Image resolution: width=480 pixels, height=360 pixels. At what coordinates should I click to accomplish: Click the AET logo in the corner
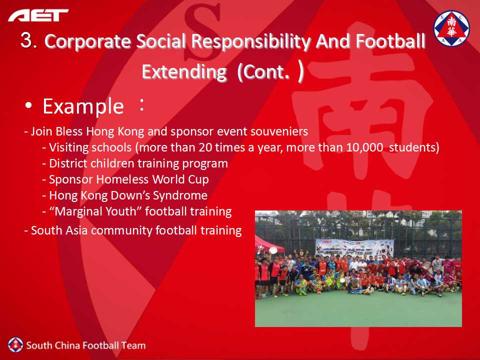coord(38,15)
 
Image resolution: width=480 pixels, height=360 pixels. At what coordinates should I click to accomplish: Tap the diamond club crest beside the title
coord(451,28)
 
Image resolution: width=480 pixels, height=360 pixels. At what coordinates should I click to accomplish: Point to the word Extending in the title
coord(184,71)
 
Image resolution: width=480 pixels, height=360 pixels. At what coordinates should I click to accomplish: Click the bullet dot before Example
coord(29,105)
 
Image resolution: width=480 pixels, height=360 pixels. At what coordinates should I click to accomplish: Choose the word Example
coord(83,106)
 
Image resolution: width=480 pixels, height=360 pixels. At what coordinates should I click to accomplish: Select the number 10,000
coord(364,147)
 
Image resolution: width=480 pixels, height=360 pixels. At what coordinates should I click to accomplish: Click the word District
coord(68,163)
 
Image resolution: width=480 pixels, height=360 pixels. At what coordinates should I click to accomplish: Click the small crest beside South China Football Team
coord(15,345)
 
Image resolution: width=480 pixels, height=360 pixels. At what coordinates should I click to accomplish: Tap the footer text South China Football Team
coord(85,345)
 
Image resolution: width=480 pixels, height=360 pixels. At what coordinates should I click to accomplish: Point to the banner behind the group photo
coord(354,248)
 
